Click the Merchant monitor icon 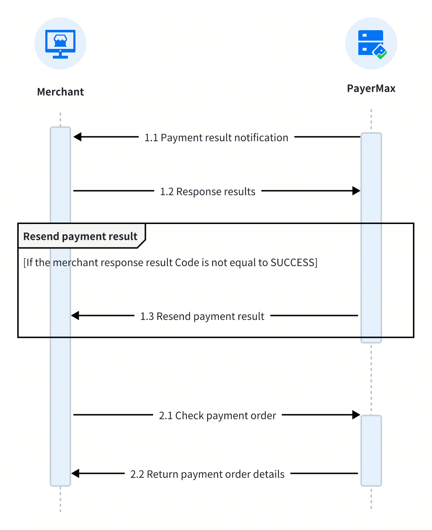click(x=60, y=44)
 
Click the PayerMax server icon click(x=372, y=44)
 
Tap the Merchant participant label click(x=60, y=92)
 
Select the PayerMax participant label click(x=371, y=88)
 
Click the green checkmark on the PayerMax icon click(x=382, y=55)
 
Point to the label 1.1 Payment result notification click(x=216, y=137)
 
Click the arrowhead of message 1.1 click(x=77, y=137)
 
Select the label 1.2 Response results click(x=208, y=191)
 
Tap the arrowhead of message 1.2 click(x=356, y=191)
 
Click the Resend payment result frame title click(x=80, y=236)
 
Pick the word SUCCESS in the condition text click(x=292, y=262)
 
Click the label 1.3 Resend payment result click(x=202, y=316)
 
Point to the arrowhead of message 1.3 click(x=75, y=315)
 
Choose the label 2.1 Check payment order click(x=217, y=415)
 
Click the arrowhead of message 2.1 click(x=356, y=415)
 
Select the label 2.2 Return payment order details click(x=207, y=474)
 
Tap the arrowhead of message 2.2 click(x=75, y=473)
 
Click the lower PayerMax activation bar click(x=371, y=450)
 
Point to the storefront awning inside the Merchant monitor click(x=60, y=38)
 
